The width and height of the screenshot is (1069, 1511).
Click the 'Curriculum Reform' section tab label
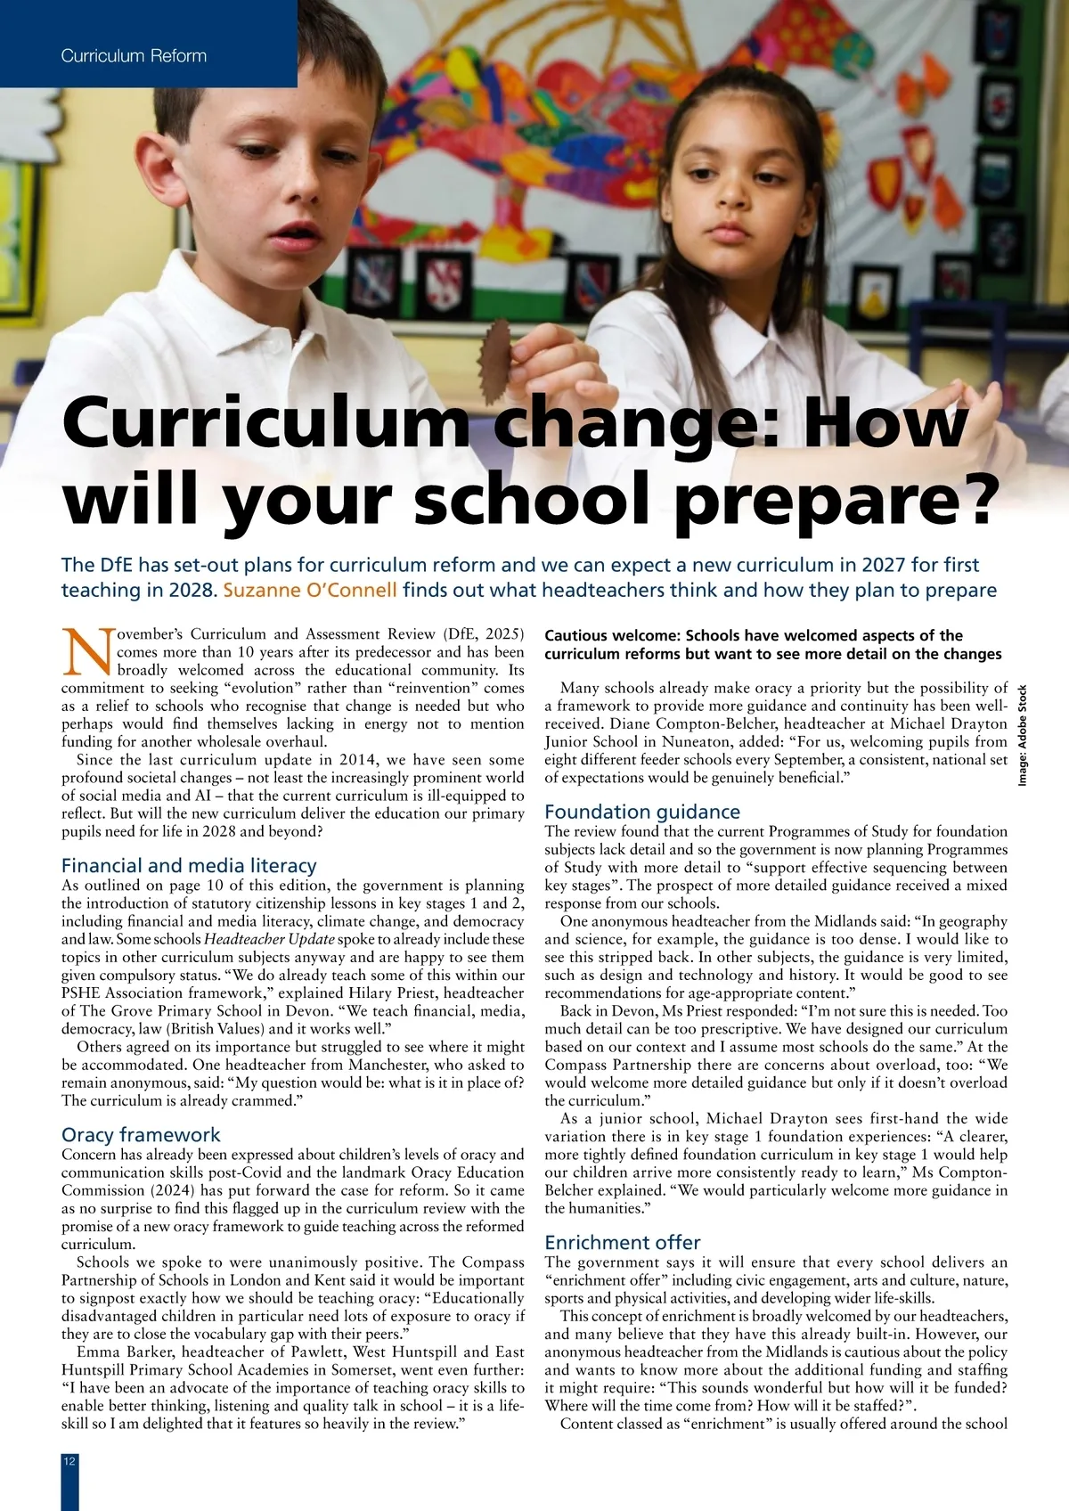[x=134, y=55]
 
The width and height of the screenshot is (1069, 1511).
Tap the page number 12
[x=69, y=1462]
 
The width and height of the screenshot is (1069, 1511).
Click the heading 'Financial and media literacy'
[x=189, y=865]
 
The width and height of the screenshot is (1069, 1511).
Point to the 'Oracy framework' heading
[x=141, y=1134]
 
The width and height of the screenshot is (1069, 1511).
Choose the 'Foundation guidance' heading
[x=642, y=812]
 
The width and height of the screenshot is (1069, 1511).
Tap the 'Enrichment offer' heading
[x=623, y=1242]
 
